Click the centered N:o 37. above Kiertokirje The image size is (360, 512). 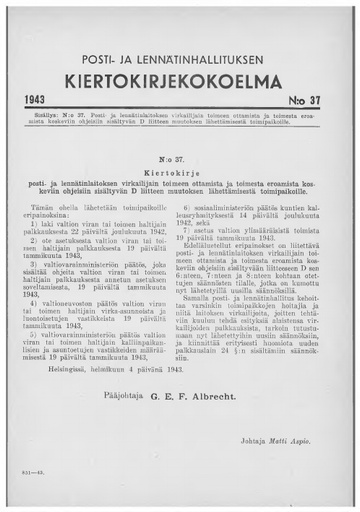tap(180, 158)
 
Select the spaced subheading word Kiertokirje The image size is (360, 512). tap(180, 172)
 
